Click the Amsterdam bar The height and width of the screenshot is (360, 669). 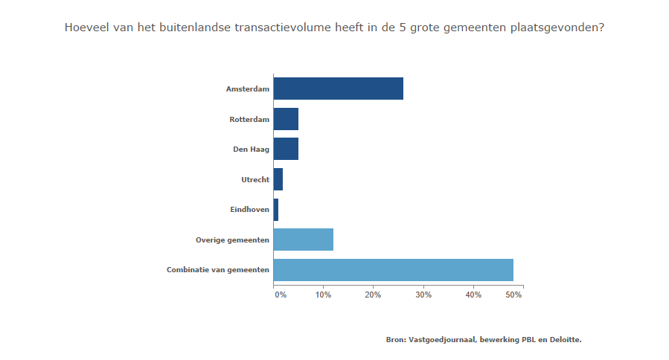pos(338,89)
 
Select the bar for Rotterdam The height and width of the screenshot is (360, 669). pos(286,119)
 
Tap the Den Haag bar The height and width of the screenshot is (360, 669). pos(286,149)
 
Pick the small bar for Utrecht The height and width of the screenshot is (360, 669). pos(278,179)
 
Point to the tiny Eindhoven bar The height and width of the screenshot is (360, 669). pos(276,210)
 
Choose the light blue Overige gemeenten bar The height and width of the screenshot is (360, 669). pos(303,240)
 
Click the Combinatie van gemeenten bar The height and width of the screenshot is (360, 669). pos(393,269)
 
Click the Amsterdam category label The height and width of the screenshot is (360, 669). pos(247,89)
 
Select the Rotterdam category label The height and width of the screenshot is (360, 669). pos(249,119)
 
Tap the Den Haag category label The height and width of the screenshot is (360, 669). pos(251,150)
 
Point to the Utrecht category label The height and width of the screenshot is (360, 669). pos(255,180)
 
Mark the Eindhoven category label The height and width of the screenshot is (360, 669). pos(249,210)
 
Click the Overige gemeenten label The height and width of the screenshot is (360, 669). pos(232,240)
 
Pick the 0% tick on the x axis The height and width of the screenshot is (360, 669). pos(281,295)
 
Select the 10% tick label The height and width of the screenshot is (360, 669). pos(323,295)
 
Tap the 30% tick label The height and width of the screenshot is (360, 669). pos(423,295)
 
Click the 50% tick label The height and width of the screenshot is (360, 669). pos(514,295)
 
